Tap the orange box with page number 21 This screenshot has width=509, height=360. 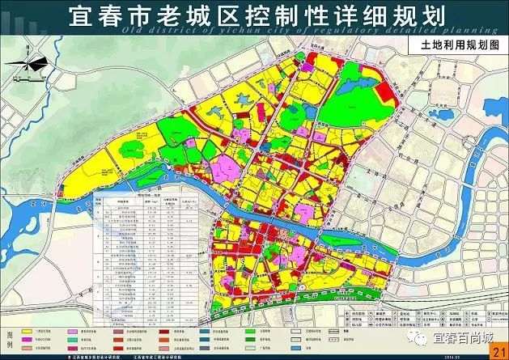click(x=496, y=349)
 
